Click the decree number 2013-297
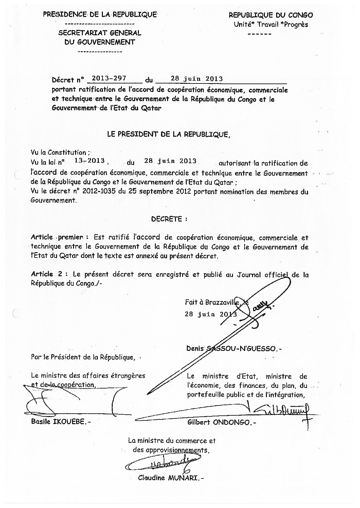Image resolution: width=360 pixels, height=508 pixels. pyautogui.click(x=109, y=78)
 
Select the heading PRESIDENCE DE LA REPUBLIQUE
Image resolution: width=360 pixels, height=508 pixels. pyautogui.click(x=100, y=14)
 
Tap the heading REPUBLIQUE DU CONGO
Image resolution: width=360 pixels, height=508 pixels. pyautogui.click(x=271, y=15)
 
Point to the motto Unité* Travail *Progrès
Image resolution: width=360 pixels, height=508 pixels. pyautogui.click(x=271, y=24)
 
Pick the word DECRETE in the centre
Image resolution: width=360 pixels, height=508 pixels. pyautogui.click(x=169, y=219)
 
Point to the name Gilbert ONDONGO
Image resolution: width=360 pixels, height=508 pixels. pyautogui.click(x=221, y=422)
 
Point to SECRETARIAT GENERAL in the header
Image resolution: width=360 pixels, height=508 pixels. pyautogui.click(x=100, y=33)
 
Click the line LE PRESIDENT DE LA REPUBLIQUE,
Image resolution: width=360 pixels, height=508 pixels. pyautogui.click(x=169, y=134)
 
